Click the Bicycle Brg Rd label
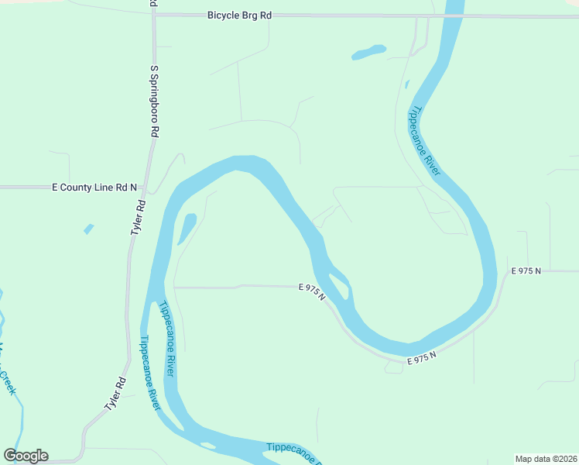point(239,15)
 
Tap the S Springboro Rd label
point(154,102)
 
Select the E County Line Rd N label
point(94,188)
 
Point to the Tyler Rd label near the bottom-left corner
point(115,394)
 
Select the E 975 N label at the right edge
point(526,270)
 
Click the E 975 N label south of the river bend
point(423,358)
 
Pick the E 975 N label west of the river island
point(312,291)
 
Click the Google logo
point(26,455)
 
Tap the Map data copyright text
point(546,458)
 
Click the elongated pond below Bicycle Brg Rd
point(368,53)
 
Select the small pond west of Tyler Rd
point(88,229)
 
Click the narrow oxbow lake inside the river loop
point(186,228)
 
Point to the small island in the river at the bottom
point(207,445)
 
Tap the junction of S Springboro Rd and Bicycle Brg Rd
point(154,15)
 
